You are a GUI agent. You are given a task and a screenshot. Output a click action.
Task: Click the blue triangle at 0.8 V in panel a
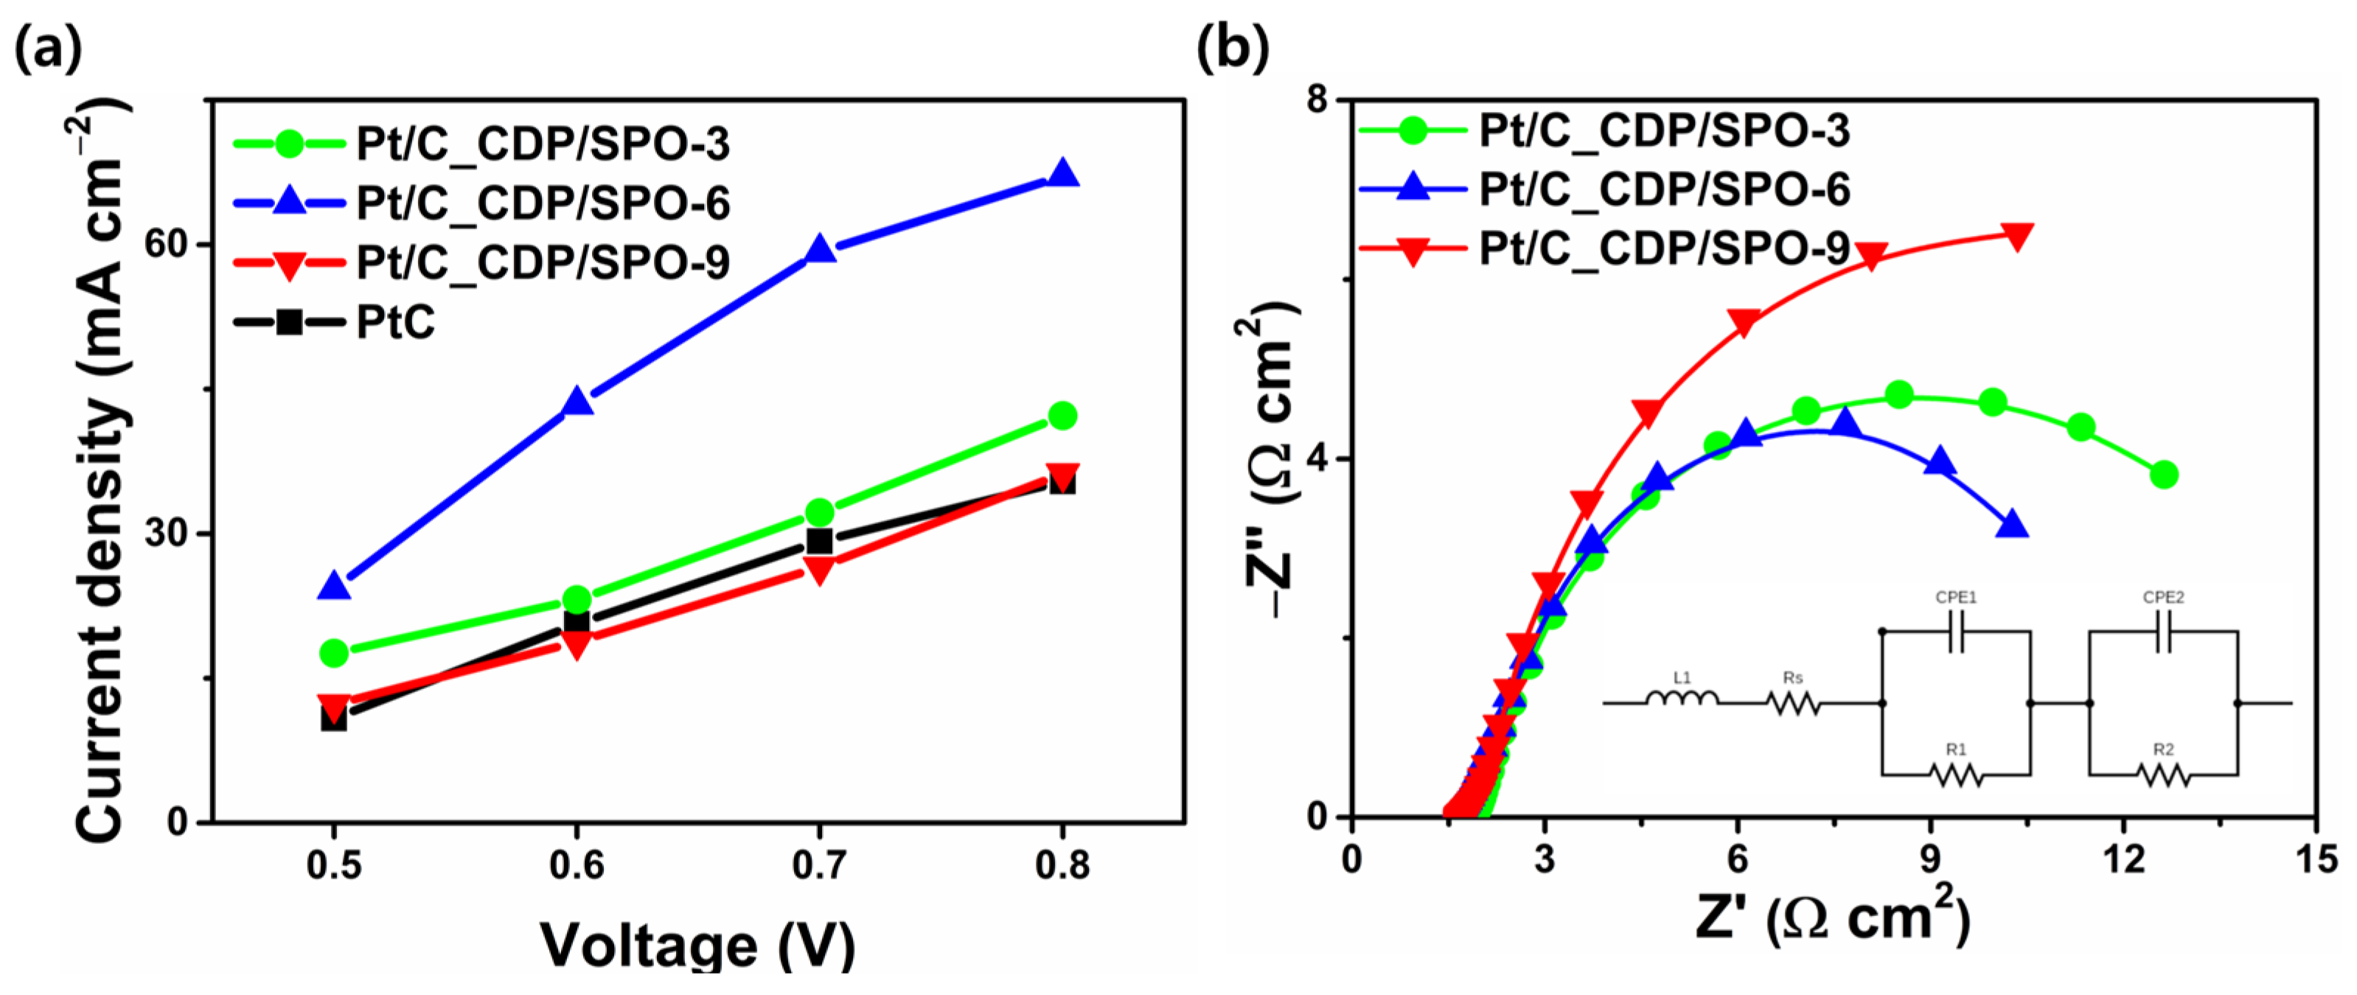click(1062, 174)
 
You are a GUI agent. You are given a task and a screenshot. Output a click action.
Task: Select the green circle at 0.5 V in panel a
click(334, 653)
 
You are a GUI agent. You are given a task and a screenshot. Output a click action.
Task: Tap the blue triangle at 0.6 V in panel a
click(577, 402)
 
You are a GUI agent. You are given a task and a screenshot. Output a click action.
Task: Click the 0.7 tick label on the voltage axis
click(819, 865)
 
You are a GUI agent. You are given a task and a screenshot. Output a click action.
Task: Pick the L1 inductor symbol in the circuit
click(1681, 699)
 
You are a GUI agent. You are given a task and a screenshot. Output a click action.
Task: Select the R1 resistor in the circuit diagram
click(1955, 775)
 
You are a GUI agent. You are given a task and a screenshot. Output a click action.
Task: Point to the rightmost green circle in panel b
click(2163, 475)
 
